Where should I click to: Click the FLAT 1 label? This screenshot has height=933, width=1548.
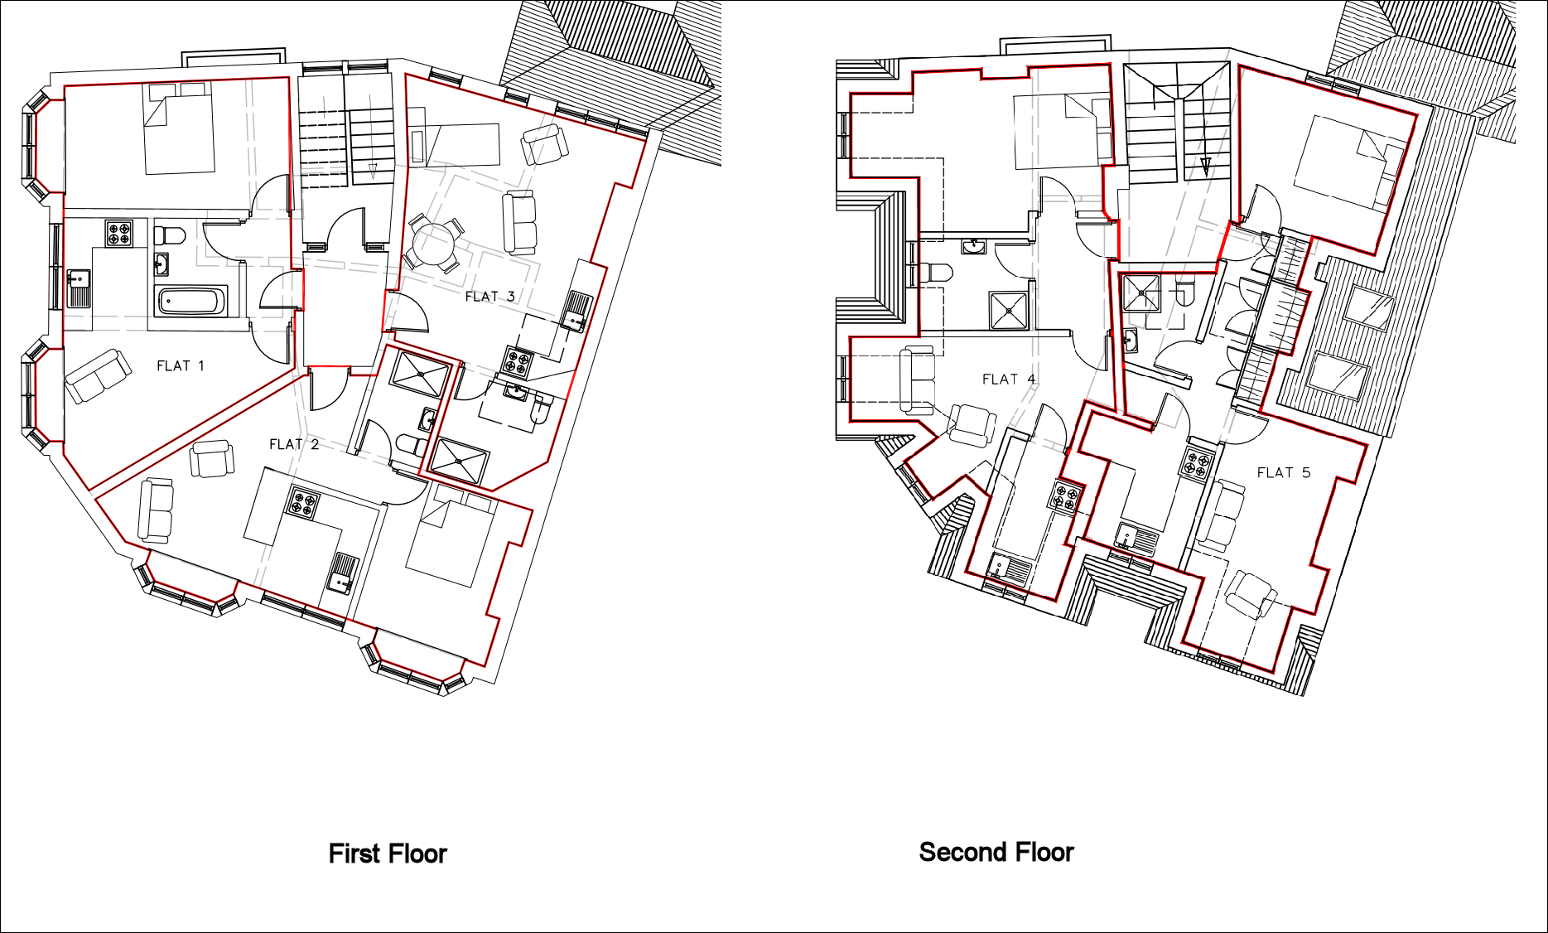(x=180, y=365)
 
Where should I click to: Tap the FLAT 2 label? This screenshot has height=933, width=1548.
(x=294, y=444)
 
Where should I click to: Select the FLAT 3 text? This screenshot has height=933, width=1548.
(x=490, y=296)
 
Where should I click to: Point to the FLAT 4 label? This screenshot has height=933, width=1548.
(x=1009, y=379)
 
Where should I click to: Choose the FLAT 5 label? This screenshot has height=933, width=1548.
(x=1284, y=472)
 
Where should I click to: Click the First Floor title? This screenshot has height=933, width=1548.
(x=388, y=853)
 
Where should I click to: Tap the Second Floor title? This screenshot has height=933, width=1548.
(x=996, y=852)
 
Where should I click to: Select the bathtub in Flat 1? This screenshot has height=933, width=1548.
(x=192, y=302)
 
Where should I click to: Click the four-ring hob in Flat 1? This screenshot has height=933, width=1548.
(x=118, y=233)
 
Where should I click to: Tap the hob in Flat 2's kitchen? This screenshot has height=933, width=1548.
(x=304, y=504)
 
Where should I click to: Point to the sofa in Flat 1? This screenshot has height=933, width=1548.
(x=98, y=376)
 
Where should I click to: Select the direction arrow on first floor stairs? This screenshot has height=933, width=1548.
(x=373, y=172)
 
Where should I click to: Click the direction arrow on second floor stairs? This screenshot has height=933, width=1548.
(x=1206, y=166)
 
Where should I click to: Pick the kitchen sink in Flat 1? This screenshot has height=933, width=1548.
(x=79, y=288)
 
